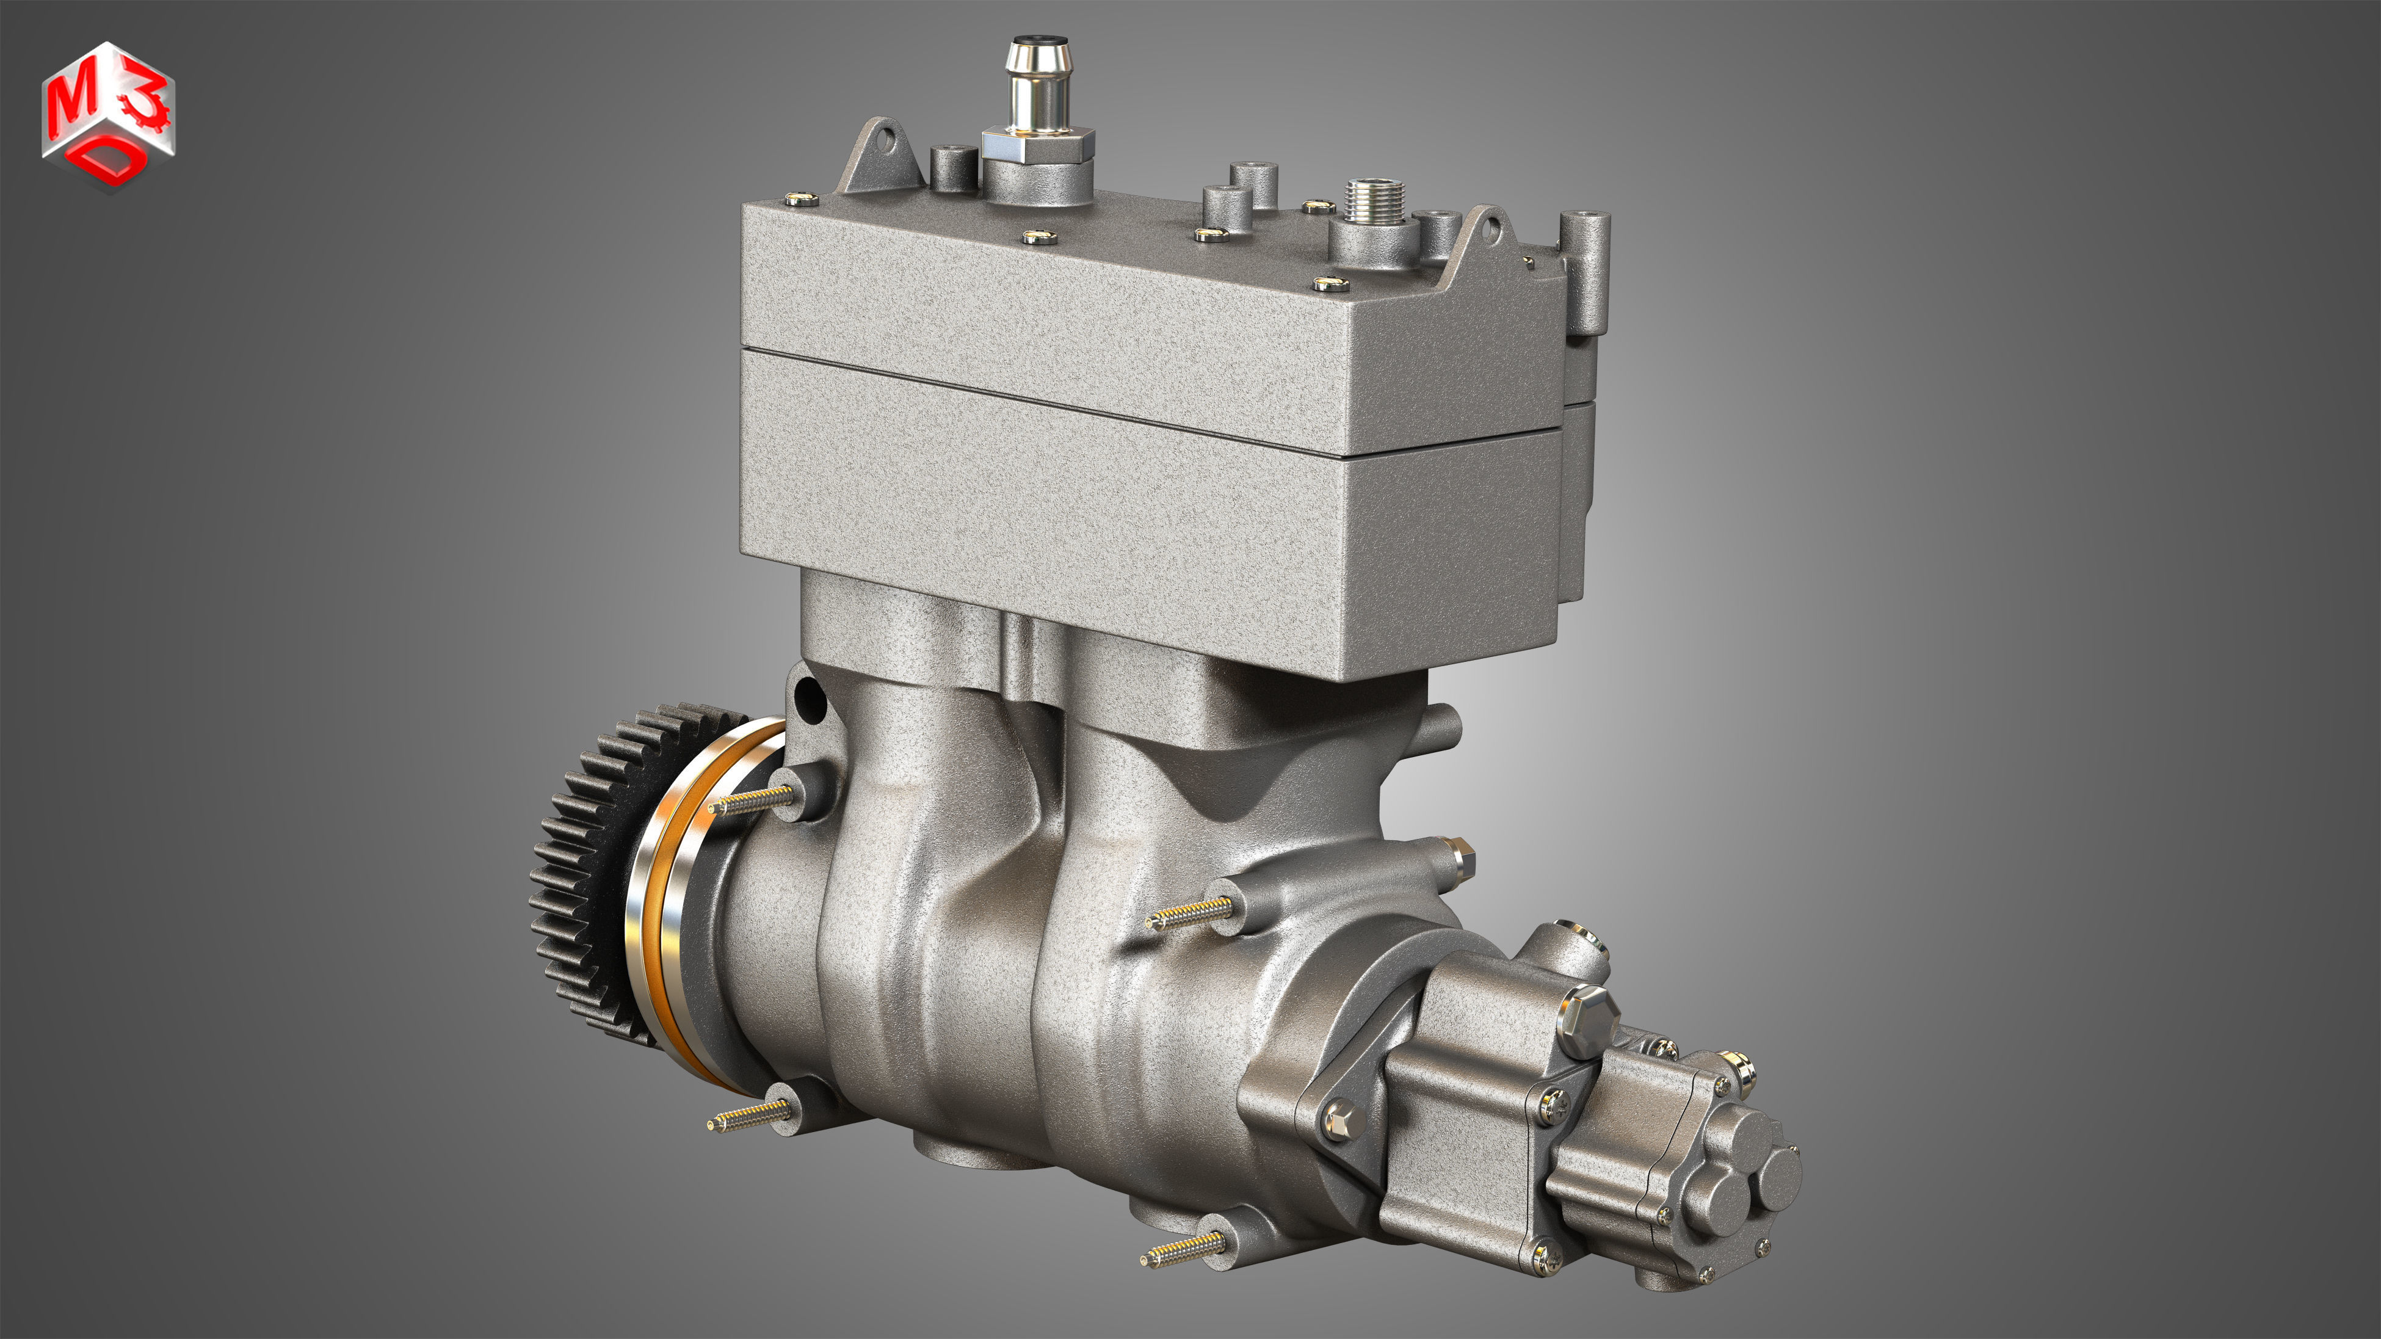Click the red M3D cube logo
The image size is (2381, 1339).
[x=107, y=115]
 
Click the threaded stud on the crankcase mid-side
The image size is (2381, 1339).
[x=1187, y=913]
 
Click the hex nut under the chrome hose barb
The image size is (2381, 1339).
[x=1038, y=145]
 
